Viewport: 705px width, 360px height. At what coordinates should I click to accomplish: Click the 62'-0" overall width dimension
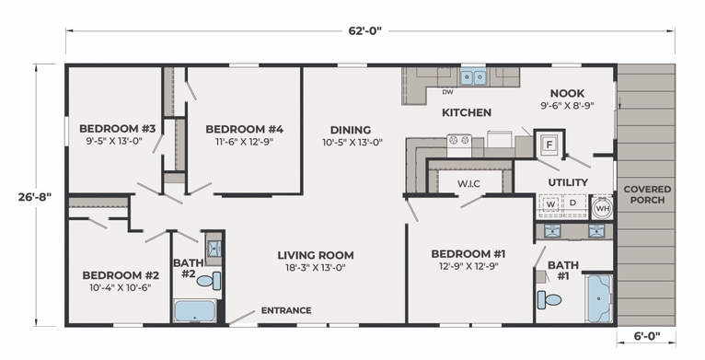tap(364, 30)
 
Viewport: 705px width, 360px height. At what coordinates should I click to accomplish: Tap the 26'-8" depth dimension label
tap(34, 197)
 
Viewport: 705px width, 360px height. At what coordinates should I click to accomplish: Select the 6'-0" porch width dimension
tap(646, 335)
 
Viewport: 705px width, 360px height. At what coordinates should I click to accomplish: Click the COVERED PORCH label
tap(647, 194)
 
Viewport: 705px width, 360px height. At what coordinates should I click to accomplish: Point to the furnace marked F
tap(549, 145)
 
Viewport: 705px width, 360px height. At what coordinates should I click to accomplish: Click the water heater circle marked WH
tap(602, 208)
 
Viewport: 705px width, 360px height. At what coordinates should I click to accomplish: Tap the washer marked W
tap(550, 204)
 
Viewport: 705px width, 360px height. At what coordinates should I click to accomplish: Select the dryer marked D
tap(573, 203)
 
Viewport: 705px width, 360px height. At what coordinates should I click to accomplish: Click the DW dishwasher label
tap(447, 92)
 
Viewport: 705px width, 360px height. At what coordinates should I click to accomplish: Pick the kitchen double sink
tap(473, 78)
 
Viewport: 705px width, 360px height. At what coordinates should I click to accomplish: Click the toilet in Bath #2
tap(209, 281)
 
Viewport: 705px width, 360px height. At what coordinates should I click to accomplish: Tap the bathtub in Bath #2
tap(195, 311)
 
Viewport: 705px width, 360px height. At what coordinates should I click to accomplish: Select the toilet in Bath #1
tap(549, 299)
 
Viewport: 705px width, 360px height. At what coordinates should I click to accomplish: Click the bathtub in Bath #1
tap(599, 298)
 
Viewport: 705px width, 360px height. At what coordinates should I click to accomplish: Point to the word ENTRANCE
tap(286, 310)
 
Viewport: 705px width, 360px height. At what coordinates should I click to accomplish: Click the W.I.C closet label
tap(468, 183)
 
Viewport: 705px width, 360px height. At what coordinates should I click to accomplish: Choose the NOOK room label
tap(568, 93)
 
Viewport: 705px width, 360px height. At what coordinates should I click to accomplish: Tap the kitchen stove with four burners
tap(459, 145)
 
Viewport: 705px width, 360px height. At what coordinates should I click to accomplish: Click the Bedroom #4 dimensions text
tap(245, 141)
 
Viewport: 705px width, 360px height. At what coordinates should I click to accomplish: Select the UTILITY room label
tap(568, 182)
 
